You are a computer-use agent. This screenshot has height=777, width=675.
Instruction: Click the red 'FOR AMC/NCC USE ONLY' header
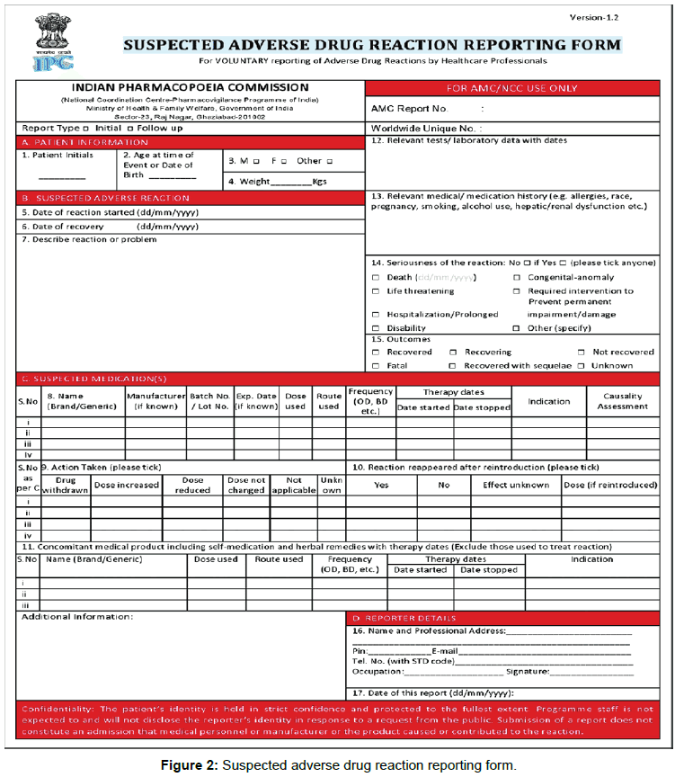pyautogui.click(x=513, y=88)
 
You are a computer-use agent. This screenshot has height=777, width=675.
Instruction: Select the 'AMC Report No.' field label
pyautogui.click(x=409, y=109)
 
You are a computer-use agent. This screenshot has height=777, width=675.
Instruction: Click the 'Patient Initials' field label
pyautogui.click(x=58, y=155)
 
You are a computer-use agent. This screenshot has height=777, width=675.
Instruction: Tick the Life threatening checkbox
pyautogui.click(x=376, y=291)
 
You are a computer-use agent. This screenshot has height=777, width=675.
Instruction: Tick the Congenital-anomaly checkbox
pyautogui.click(x=517, y=278)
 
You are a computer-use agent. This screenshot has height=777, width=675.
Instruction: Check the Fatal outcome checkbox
pyautogui.click(x=376, y=366)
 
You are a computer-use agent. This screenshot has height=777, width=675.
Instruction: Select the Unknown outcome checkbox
pyautogui.click(x=582, y=366)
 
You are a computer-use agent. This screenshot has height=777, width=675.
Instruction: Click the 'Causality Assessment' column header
pyautogui.click(x=622, y=401)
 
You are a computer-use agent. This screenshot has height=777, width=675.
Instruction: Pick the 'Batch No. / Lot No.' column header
pyautogui.click(x=209, y=401)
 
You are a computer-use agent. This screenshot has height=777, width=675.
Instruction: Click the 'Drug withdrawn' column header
pyautogui.click(x=66, y=485)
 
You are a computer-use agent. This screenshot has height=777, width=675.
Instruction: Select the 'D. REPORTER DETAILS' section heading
pyautogui.click(x=396, y=618)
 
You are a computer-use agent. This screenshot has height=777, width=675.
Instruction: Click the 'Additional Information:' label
pyautogui.click(x=76, y=616)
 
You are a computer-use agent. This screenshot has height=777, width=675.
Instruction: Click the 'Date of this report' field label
pyautogui.click(x=431, y=693)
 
